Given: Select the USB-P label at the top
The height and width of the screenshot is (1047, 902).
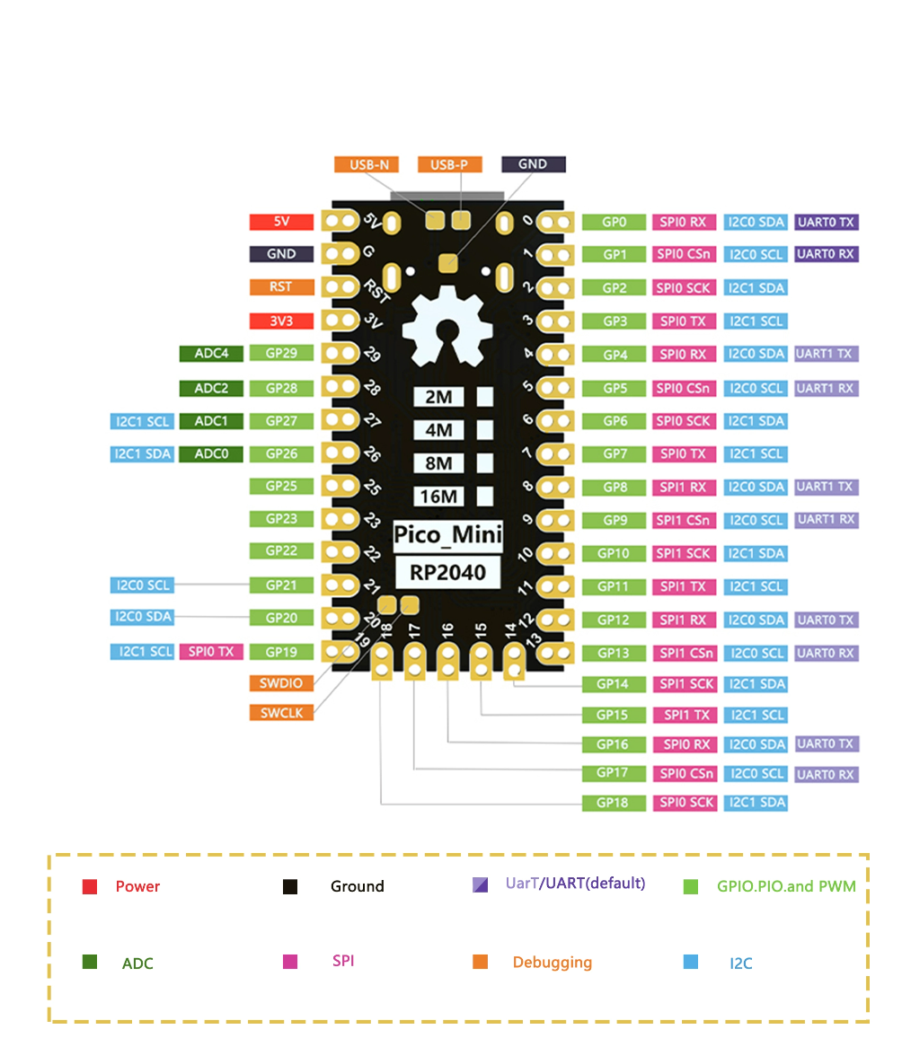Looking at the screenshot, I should coord(449,164).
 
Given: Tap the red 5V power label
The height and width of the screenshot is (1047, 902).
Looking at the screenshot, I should coord(281,222).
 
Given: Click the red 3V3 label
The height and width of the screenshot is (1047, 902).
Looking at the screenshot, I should coord(281,321).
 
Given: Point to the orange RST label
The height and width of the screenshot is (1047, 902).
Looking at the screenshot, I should coord(281,287).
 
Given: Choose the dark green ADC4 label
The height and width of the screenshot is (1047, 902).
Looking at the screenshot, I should coord(211,353).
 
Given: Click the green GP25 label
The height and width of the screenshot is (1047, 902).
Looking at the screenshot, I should coord(281,486).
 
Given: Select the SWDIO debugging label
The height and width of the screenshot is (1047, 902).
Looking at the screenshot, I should coord(281,683).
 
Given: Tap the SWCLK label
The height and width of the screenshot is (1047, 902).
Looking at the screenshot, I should coord(281,712).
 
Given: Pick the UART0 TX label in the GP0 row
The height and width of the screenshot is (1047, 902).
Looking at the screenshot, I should coord(827,222).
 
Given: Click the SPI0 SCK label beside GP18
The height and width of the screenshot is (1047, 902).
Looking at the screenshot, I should coord(685,803).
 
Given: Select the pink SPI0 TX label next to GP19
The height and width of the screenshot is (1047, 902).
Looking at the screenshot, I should coord(211,651).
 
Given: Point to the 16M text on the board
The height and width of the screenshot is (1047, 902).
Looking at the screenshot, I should coord(438,497).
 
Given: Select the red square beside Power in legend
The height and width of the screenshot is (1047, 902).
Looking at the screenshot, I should coord(90,887).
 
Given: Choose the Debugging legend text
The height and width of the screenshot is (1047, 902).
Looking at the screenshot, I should coord(552,962).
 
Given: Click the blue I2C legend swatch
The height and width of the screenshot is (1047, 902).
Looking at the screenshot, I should coord(691,962).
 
